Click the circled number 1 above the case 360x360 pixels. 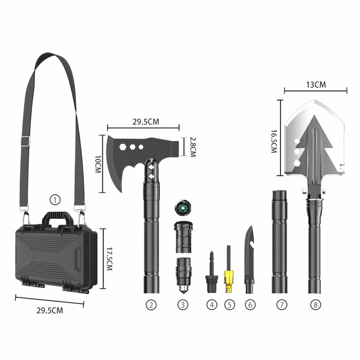click(x=55, y=200)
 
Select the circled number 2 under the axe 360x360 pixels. click(x=151, y=305)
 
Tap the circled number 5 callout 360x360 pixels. click(x=229, y=305)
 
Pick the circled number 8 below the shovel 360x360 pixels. click(x=316, y=305)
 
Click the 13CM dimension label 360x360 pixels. click(x=316, y=85)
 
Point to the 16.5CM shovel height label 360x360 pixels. click(x=274, y=141)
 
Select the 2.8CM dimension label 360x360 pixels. click(x=193, y=147)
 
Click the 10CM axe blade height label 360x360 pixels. click(x=98, y=164)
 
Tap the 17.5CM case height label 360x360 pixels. click(x=110, y=259)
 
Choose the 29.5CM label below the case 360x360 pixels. click(x=49, y=310)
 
